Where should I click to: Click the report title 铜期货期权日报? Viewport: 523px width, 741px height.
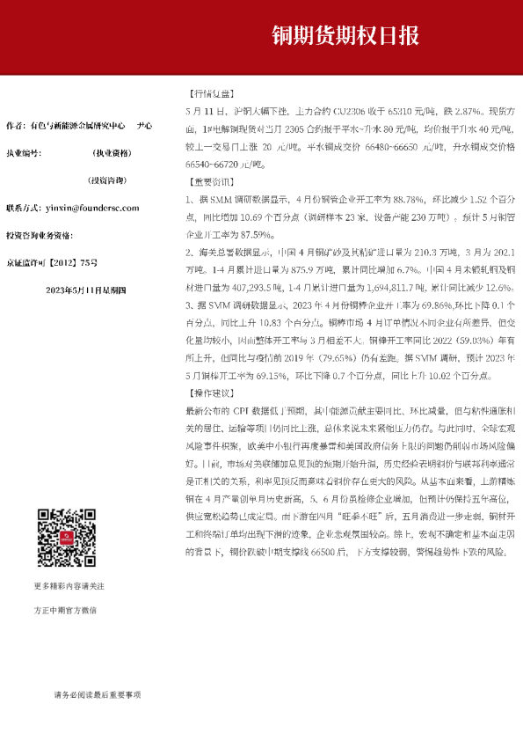tap(345, 35)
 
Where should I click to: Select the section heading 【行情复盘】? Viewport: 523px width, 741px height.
tap(210, 93)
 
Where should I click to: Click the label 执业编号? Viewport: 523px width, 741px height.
tap(24, 152)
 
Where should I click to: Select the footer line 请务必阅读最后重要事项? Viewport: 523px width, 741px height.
tap(98, 694)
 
